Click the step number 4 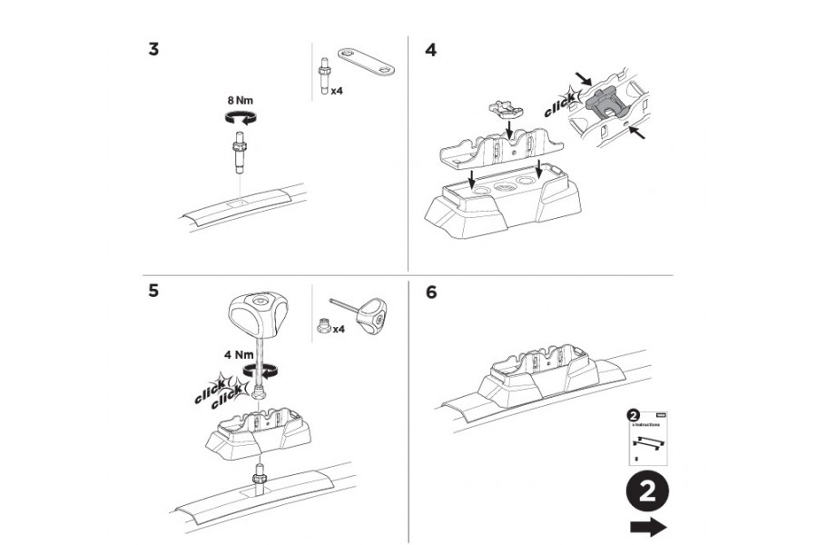click(430, 49)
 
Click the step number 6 click(430, 292)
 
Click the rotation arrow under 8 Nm click(240, 116)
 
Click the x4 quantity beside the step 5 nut click(338, 329)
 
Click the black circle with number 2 click(647, 491)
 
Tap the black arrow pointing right click(647, 528)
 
